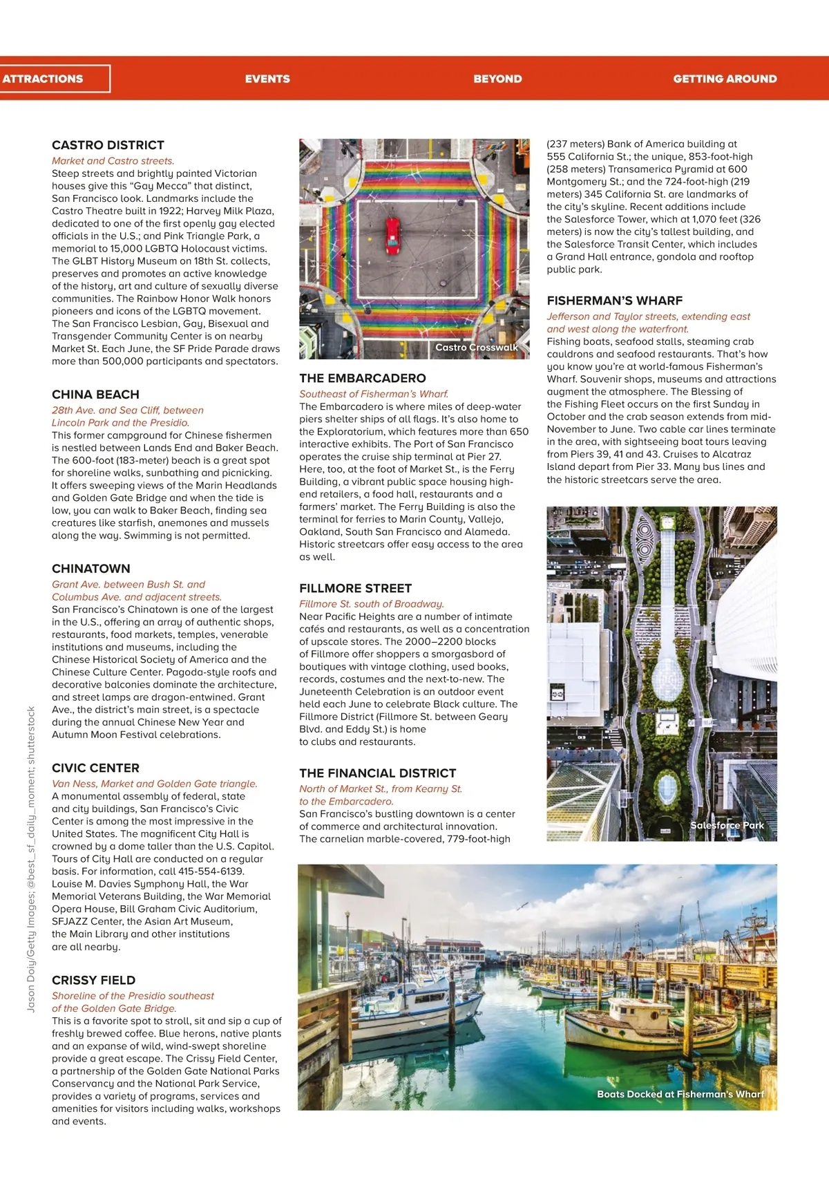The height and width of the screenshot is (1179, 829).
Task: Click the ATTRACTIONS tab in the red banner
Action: point(43,79)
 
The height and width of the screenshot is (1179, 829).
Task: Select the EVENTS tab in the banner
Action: point(267,79)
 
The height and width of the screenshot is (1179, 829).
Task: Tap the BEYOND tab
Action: point(497,79)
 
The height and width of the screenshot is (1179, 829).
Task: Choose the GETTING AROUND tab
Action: point(725,79)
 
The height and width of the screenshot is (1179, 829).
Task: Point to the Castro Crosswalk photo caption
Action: point(476,348)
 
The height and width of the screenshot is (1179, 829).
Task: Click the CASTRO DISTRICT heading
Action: point(108,145)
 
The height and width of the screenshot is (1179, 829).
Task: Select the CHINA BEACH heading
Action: point(95,395)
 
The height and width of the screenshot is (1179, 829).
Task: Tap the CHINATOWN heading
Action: point(90,569)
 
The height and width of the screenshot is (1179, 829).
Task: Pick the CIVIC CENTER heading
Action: point(95,768)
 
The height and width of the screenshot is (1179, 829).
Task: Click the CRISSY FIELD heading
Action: point(93,980)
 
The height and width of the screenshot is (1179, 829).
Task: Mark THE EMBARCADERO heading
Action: point(362,378)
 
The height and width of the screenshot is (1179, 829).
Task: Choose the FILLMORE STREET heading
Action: point(355,588)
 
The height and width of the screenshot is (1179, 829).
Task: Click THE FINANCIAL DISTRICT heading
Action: point(377,773)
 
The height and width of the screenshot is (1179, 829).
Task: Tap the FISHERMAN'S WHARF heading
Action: point(614,301)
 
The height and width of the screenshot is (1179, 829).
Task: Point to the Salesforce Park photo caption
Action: point(727,825)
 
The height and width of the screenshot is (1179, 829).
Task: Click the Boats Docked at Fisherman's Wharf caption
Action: point(680,1094)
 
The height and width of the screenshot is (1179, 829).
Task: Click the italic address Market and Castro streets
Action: point(113,161)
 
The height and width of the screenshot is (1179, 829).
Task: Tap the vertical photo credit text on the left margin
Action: point(31,858)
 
